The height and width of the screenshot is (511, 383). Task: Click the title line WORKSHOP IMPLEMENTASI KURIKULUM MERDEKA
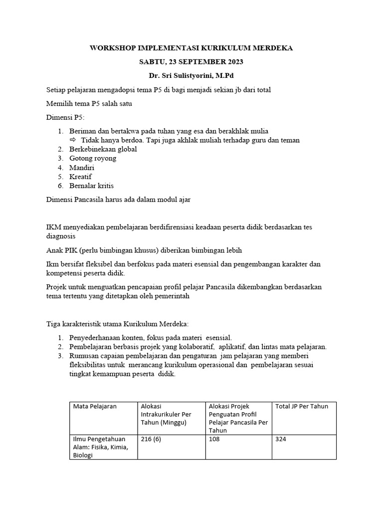click(191, 48)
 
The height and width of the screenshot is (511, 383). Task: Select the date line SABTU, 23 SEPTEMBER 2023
click(191, 62)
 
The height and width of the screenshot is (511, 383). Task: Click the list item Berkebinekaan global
click(103, 149)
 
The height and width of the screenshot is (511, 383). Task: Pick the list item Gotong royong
click(93, 158)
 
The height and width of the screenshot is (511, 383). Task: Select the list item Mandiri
click(82, 168)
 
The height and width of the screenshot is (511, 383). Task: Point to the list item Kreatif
click(80, 177)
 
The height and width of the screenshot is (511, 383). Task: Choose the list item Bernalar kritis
click(91, 186)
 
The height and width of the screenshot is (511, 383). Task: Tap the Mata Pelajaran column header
click(95, 406)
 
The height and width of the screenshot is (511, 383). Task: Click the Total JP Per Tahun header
click(302, 406)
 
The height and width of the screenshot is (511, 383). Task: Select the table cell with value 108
click(215, 439)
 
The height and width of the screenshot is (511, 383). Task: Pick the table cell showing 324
click(281, 439)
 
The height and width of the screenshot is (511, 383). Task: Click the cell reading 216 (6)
click(153, 439)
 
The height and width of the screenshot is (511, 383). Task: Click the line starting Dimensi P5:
click(65, 117)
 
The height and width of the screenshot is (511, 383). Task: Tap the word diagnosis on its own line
click(61, 236)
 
